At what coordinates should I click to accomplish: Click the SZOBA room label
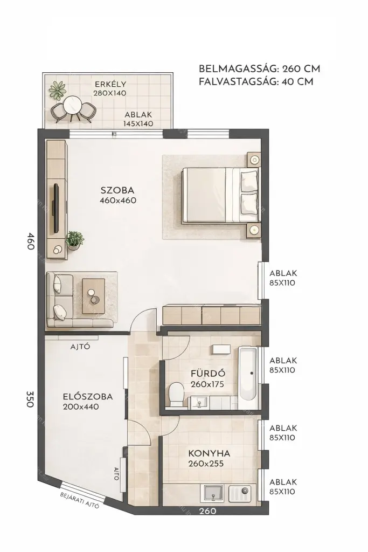click(117, 190)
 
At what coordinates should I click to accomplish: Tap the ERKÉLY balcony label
click(110, 84)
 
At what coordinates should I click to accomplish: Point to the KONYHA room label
click(209, 453)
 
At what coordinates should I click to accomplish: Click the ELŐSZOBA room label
click(88, 397)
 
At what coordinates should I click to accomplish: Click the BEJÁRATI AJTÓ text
click(80, 500)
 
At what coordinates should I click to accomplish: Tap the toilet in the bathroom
click(176, 394)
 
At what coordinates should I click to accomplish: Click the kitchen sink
click(212, 493)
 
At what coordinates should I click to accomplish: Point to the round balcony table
click(73, 105)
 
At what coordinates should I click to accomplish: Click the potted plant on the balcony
click(57, 90)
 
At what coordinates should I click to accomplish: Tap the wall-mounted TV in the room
click(55, 208)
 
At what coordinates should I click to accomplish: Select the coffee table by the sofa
click(93, 296)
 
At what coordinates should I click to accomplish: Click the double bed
click(221, 195)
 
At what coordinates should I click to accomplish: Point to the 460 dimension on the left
click(31, 241)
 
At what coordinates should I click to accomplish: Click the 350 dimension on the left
click(30, 399)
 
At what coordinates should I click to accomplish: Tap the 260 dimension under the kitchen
click(207, 510)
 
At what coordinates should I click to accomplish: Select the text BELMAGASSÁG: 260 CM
click(260, 69)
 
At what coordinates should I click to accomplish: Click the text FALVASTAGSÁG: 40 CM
click(256, 82)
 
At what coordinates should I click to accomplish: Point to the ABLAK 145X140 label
click(138, 119)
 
